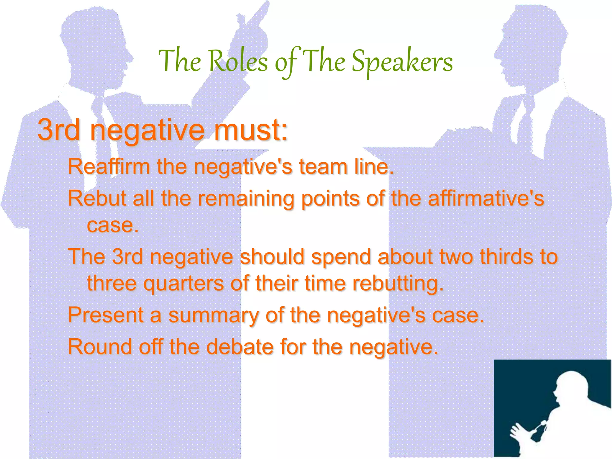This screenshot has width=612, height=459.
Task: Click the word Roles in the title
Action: (x=238, y=61)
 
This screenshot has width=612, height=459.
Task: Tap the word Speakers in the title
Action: (x=402, y=62)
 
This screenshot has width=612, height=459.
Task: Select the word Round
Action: (x=100, y=347)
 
